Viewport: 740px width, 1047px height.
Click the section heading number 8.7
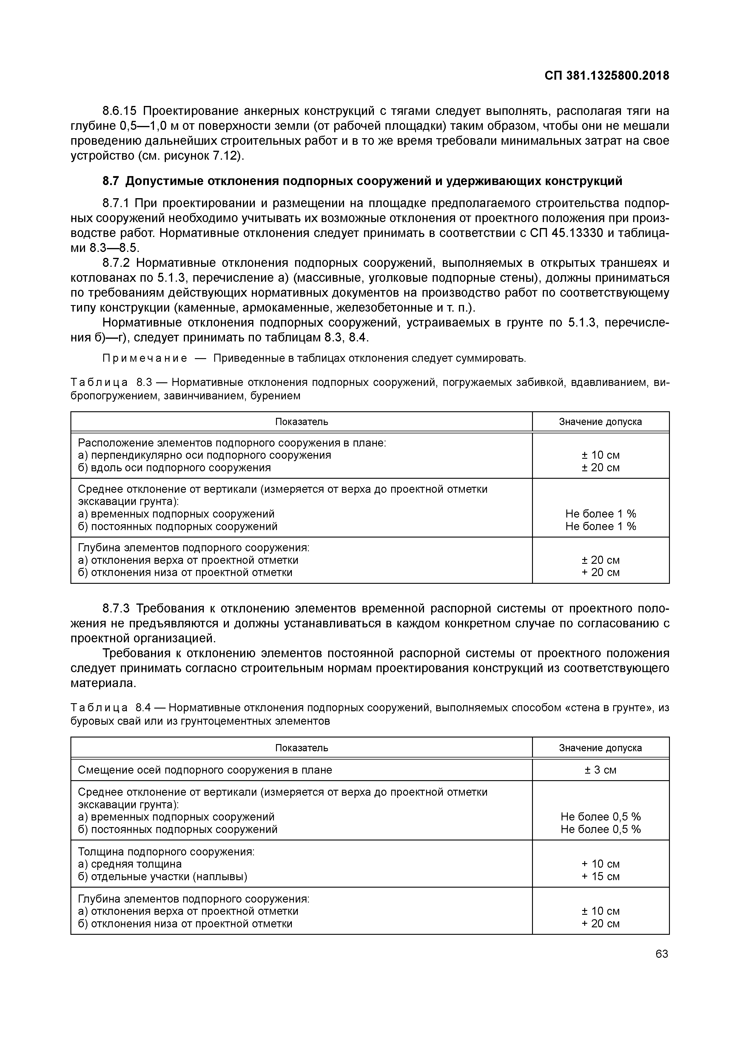coord(111,181)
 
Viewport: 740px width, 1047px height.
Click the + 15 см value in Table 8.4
coord(600,877)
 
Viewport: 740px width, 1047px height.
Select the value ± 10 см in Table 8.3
coord(600,455)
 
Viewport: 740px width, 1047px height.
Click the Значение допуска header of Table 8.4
coord(600,748)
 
